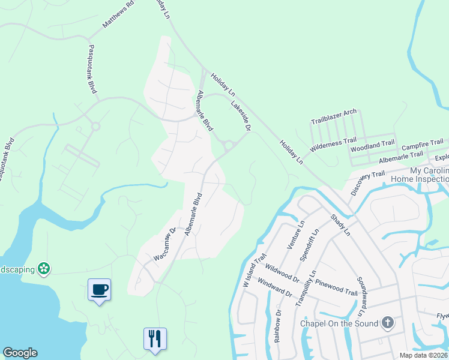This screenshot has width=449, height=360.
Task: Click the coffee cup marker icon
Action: coord(99,290)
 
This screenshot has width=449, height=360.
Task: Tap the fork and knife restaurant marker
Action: coord(154,338)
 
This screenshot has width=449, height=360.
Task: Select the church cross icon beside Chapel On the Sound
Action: coord(388,323)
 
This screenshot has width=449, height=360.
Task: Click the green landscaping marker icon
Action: coord(43,268)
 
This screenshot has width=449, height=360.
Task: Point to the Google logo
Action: coord(20,353)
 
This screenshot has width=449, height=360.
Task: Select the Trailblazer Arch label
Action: coord(334,116)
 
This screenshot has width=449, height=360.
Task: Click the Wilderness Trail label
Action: coord(333,144)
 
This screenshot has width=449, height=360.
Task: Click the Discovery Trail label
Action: coord(367,182)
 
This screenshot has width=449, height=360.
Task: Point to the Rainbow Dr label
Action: coord(277,326)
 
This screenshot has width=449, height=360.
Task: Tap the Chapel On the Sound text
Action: coord(339,324)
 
